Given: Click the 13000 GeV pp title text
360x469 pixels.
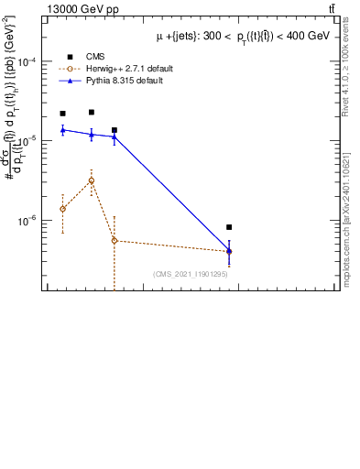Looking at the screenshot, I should click(x=83, y=9).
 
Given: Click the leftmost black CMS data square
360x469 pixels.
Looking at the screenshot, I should click(x=62, y=114).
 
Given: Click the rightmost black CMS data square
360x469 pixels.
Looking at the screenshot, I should click(x=229, y=227).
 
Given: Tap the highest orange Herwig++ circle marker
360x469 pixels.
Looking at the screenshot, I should click(x=92, y=180).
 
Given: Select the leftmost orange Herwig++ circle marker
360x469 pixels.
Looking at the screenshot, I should click(x=62, y=209).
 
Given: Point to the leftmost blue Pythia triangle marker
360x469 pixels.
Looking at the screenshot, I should click(x=62, y=130).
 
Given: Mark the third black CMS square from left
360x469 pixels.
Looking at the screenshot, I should click(x=115, y=130).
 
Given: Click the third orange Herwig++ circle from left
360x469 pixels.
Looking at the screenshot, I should click(x=115, y=241).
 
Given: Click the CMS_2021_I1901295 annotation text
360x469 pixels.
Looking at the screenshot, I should click(x=190, y=274).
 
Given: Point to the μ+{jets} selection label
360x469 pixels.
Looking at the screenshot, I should click(x=242, y=36).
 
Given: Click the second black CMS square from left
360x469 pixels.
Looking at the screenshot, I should click(x=92, y=113).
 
